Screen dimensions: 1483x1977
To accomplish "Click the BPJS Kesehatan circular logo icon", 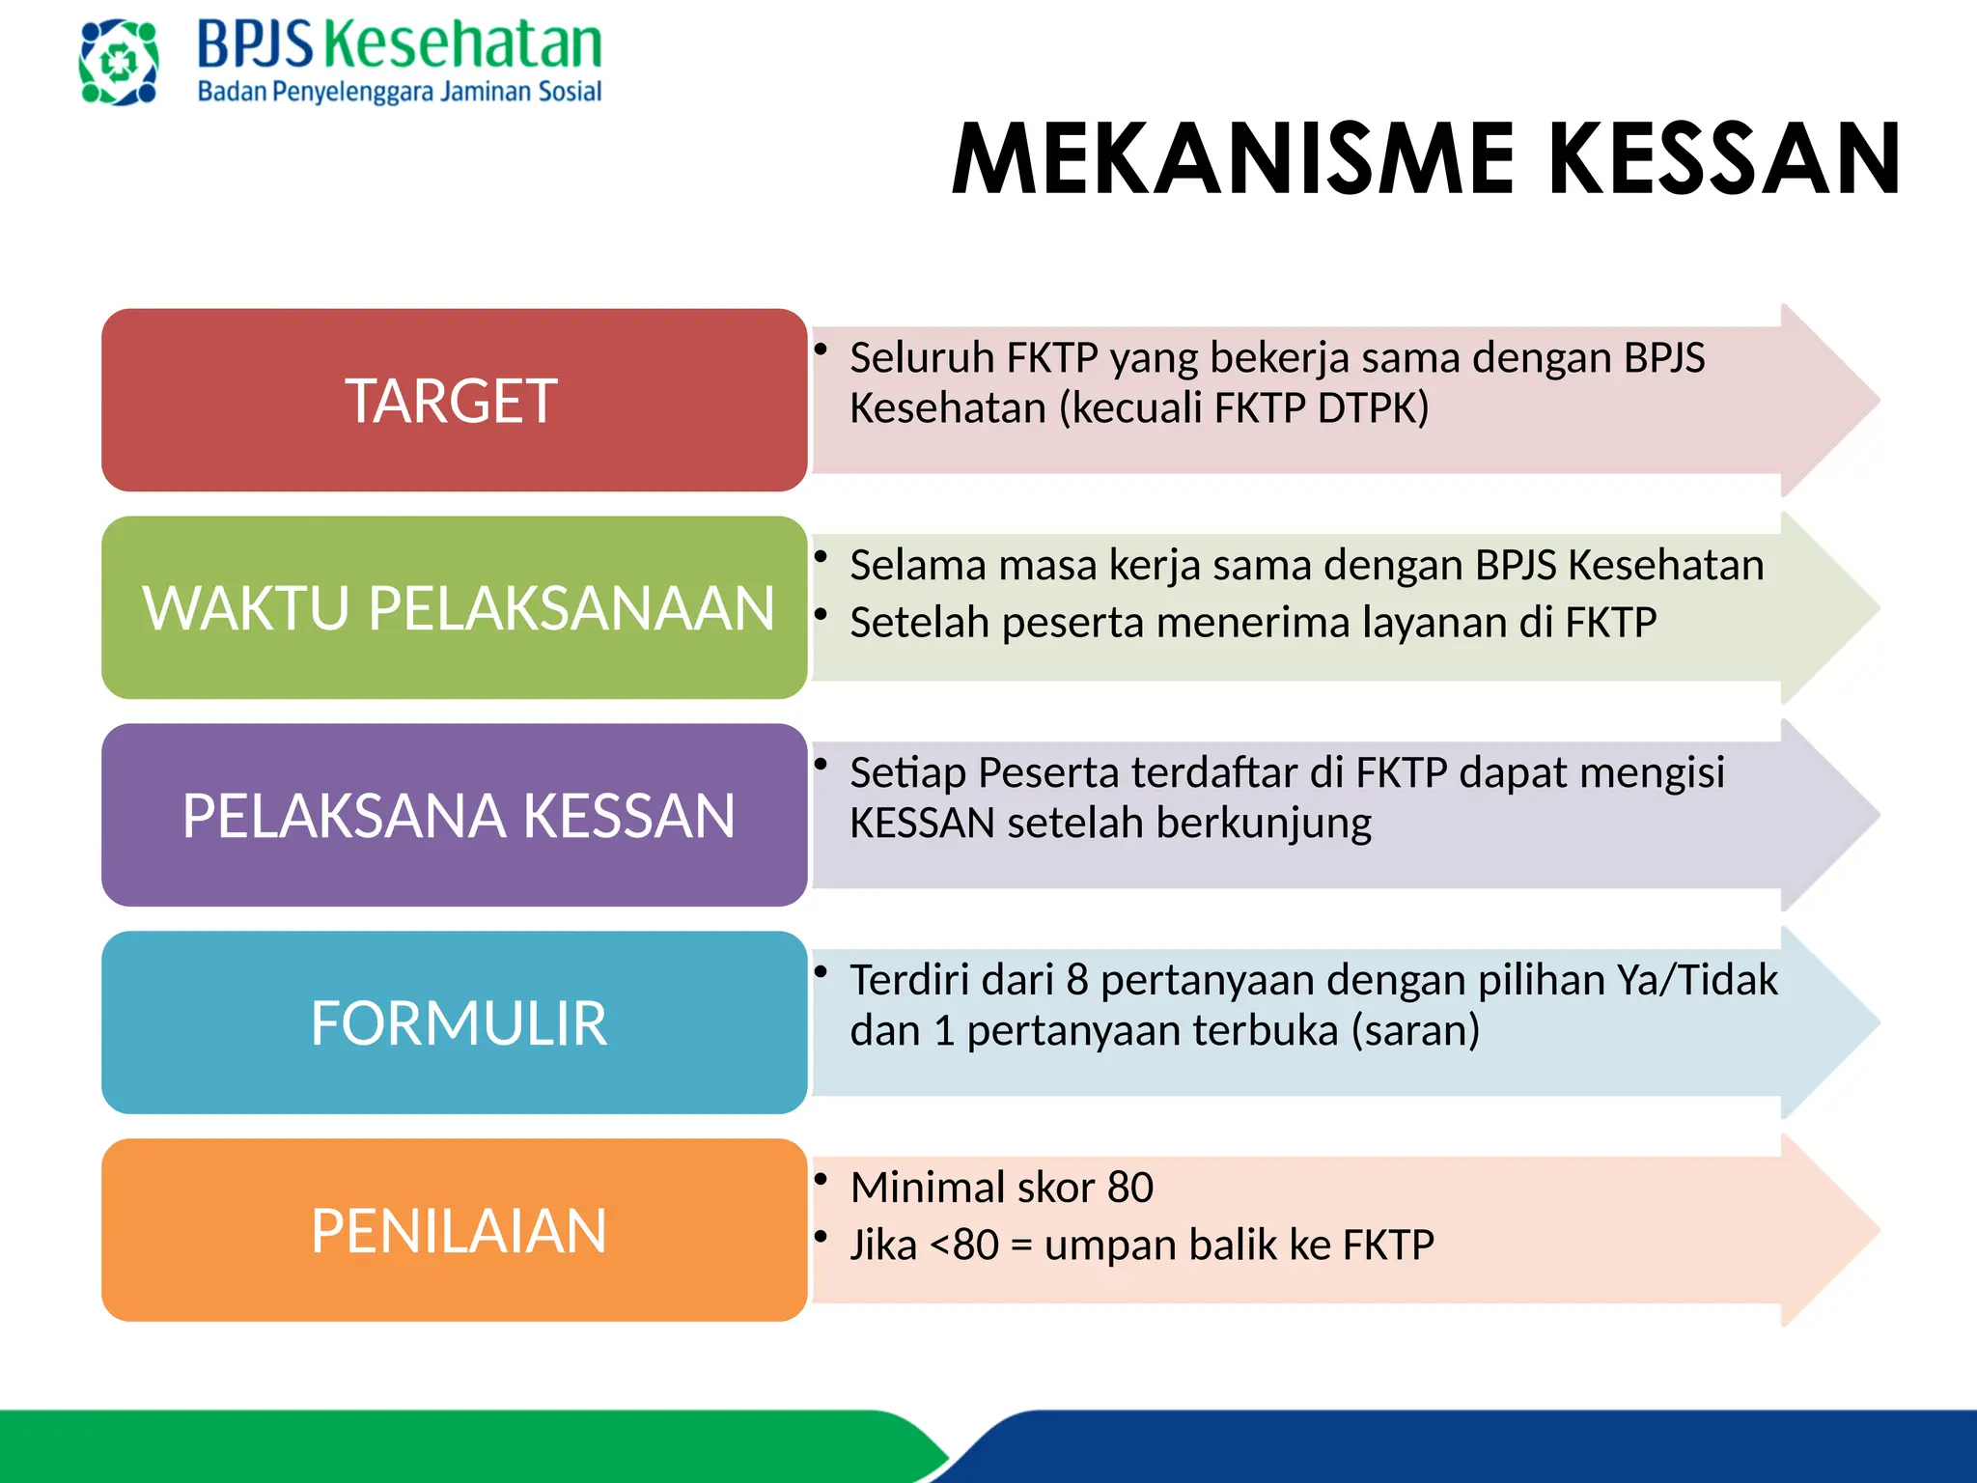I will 118,63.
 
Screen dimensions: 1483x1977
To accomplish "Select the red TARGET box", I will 454,400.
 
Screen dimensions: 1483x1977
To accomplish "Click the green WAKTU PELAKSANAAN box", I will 454,607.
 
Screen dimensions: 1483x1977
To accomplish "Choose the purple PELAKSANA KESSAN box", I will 454,815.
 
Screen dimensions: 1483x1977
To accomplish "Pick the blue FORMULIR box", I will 454,1022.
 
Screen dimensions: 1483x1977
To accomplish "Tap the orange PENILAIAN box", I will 454,1230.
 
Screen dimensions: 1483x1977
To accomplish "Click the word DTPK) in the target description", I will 1373,408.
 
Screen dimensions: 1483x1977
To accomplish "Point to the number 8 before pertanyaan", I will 1077,980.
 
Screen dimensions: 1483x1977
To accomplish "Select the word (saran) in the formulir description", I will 1415,1031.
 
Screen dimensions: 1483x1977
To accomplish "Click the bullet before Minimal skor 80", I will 821,1178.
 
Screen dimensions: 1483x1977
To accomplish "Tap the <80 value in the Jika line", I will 963,1245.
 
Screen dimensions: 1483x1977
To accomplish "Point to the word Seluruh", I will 921,357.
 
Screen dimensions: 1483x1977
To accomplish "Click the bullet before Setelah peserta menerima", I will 821,614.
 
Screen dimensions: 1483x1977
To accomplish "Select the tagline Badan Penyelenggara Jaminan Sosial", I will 399,92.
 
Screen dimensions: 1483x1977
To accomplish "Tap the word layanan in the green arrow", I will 1434,623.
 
